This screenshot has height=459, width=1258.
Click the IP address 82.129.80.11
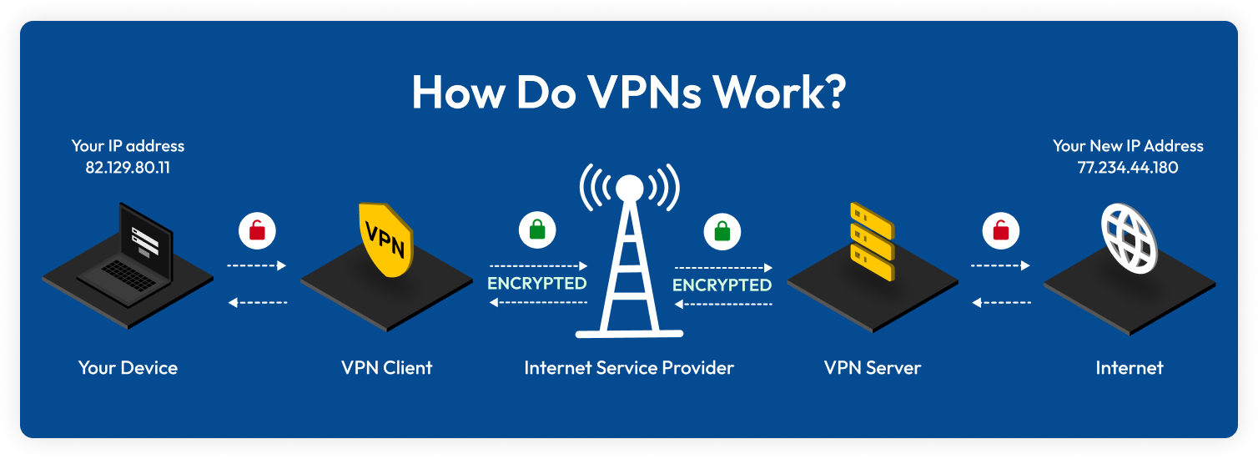[128, 167]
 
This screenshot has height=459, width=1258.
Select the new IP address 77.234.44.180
[1127, 168]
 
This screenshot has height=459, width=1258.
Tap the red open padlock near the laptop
[257, 230]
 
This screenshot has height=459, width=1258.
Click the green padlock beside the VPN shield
[536, 229]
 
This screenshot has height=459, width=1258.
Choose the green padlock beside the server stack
[722, 230]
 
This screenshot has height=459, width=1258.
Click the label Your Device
[128, 367]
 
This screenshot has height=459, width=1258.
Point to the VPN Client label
[386, 367]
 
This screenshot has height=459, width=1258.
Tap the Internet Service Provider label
[629, 367]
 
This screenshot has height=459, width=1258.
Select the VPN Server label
[873, 367]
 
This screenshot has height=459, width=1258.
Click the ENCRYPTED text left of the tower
[537, 284]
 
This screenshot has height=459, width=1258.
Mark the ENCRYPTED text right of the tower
[722, 285]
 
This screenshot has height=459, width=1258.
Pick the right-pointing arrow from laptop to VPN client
[257, 265]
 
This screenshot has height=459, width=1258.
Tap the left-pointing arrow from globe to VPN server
[1001, 302]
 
